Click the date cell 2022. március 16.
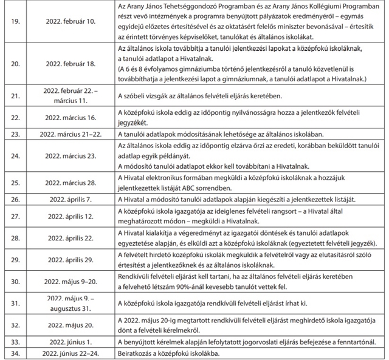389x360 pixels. pos(70,117)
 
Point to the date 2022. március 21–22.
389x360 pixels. pos(70,134)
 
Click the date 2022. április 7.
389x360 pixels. pos(70,199)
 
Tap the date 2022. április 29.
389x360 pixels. pos(70,259)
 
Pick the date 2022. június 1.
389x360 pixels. pos(70,342)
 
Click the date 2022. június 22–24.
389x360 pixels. pos(70,353)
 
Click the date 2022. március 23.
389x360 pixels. pos(70,155)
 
